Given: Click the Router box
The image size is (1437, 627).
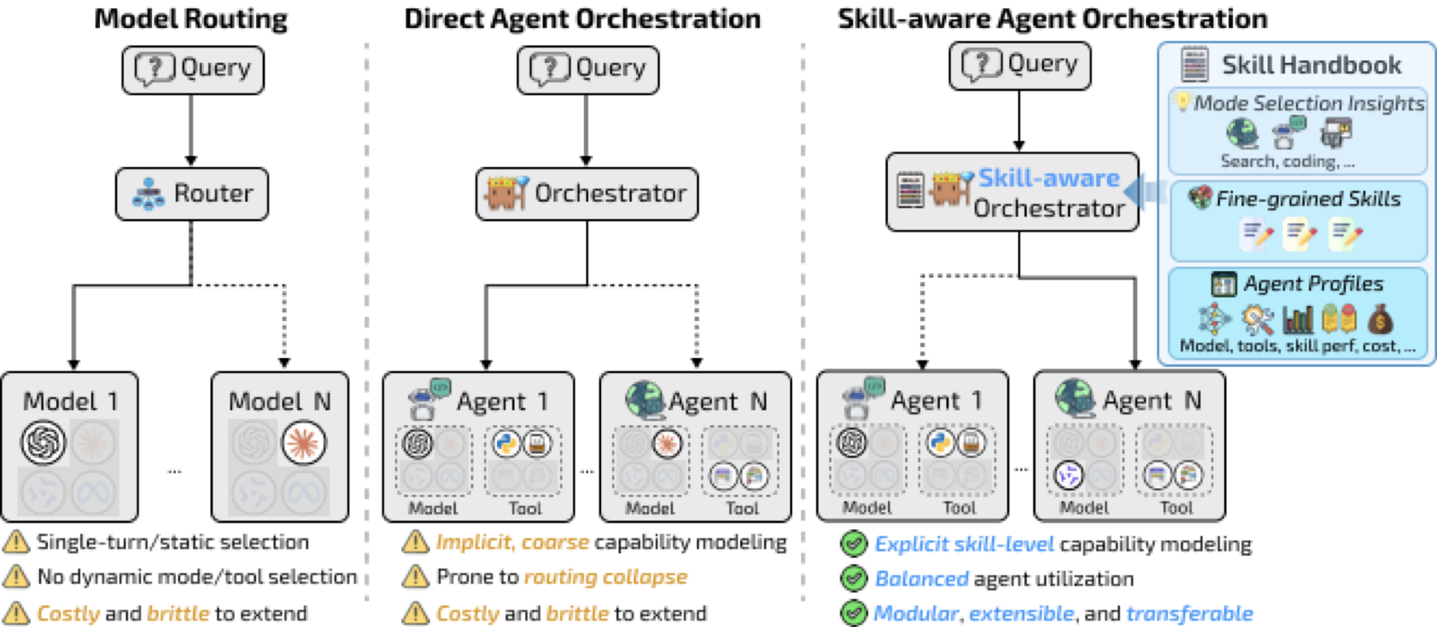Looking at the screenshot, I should (x=192, y=194).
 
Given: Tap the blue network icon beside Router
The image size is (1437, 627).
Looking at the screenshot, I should (x=148, y=194).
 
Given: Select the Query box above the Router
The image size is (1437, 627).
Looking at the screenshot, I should (x=193, y=69).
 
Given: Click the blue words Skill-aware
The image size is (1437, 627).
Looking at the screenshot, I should (x=1049, y=178).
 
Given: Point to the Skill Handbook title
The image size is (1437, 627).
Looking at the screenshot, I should (x=1311, y=65).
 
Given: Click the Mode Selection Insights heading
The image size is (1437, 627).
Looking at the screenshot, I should (x=1309, y=104).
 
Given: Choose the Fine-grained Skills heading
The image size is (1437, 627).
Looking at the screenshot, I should (x=1308, y=199).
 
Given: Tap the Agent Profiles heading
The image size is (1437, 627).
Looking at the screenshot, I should (x=1314, y=284).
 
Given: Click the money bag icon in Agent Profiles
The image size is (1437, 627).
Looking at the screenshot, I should (x=1380, y=319).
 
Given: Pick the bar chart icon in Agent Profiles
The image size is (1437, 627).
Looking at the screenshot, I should (x=1297, y=320).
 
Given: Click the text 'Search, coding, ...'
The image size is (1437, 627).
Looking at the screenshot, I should (x=1287, y=162).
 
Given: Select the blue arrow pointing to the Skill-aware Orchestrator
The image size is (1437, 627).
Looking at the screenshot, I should (x=1145, y=192).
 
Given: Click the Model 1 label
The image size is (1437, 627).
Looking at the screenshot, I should (x=71, y=401).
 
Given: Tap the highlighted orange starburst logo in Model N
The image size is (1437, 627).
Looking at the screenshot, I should (x=304, y=443).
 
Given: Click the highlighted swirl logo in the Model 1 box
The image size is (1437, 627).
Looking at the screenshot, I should (x=43, y=443).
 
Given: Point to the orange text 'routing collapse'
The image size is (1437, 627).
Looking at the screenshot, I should (x=606, y=578).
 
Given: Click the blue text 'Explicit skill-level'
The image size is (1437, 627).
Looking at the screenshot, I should (x=964, y=544).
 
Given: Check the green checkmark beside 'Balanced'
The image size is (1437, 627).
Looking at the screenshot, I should (x=854, y=578).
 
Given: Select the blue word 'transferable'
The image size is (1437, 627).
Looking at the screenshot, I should (x=1190, y=614).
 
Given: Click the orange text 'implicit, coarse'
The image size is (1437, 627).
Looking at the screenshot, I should (x=513, y=543).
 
